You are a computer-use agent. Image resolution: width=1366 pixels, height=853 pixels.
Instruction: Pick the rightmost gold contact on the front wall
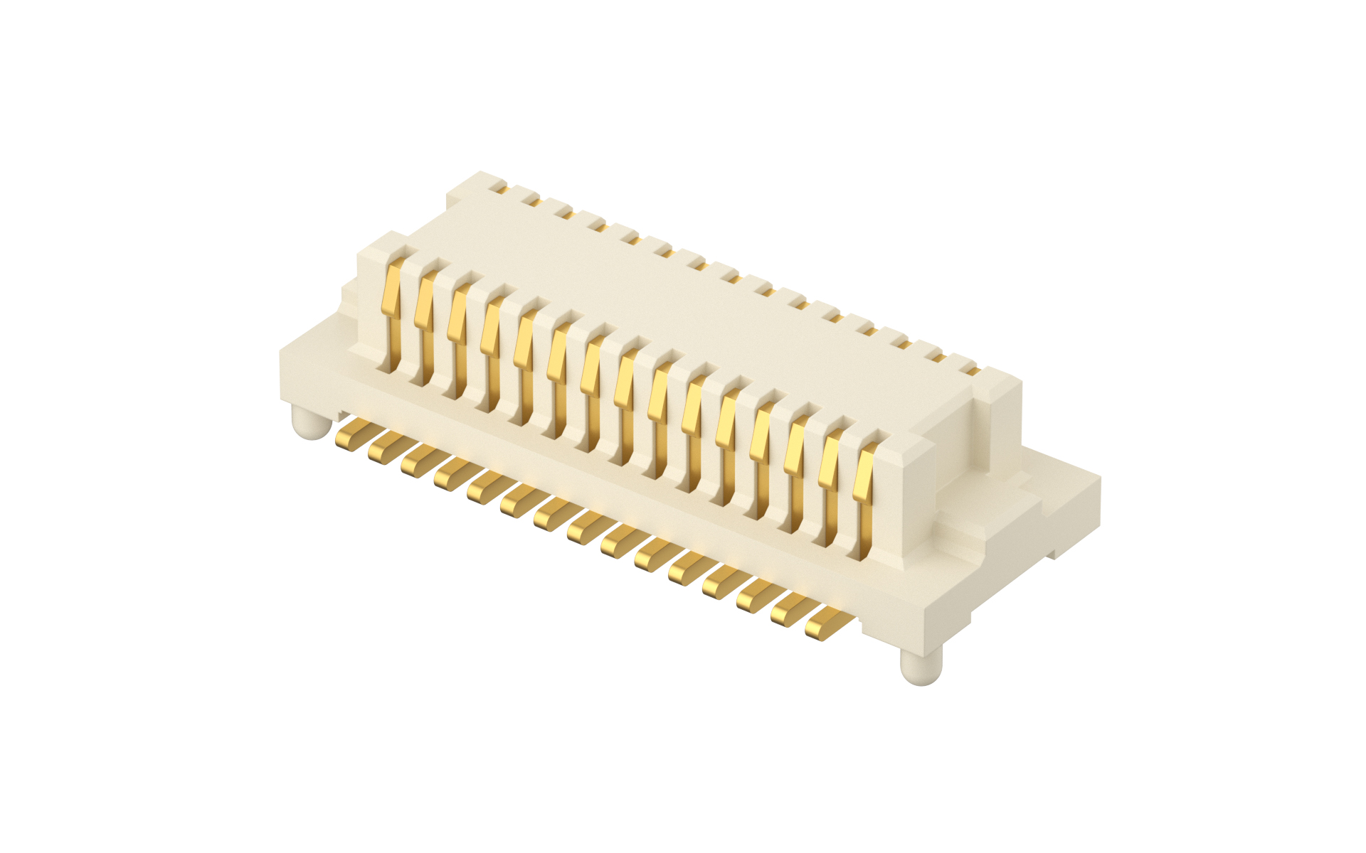864,473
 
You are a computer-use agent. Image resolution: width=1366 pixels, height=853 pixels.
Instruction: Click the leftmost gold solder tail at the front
354,433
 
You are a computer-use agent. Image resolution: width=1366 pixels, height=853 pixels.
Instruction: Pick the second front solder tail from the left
388,447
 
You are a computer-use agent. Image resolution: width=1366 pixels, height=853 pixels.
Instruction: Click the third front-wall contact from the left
457,316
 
